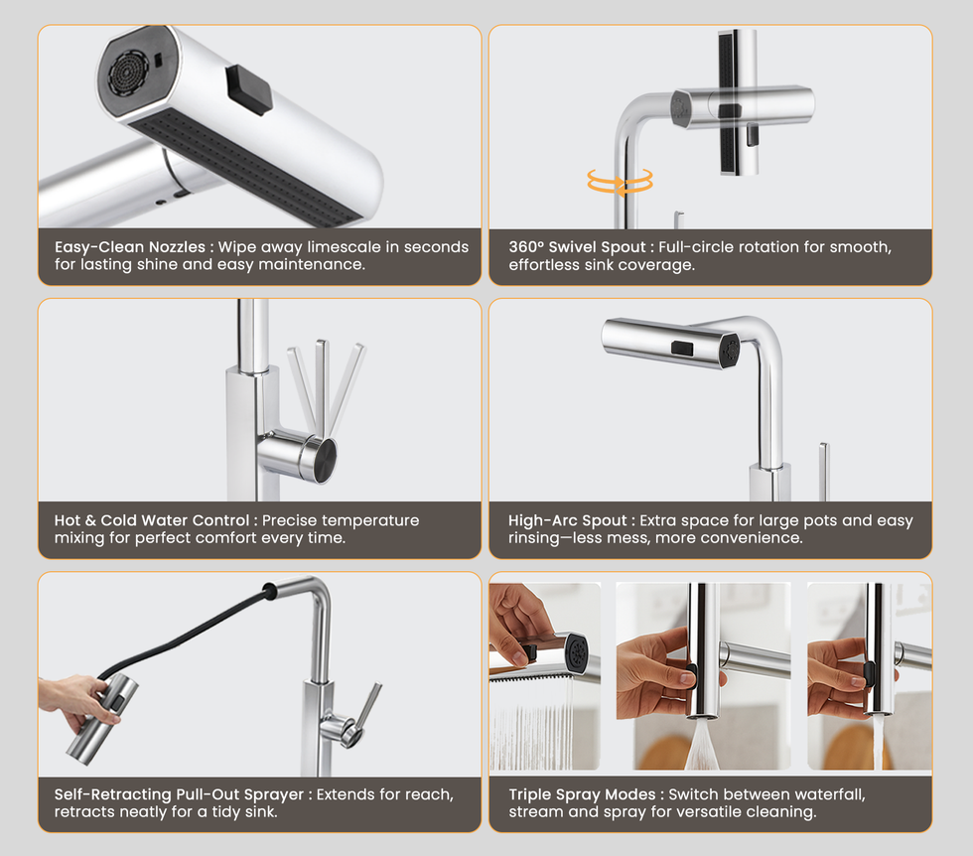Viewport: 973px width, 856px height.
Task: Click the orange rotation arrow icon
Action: pyautogui.click(x=620, y=183)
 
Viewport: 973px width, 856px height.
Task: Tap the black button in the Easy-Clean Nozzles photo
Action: pyautogui.click(x=249, y=90)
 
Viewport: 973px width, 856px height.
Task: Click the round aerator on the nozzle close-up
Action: pyautogui.click(x=128, y=73)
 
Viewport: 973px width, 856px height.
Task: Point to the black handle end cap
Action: pyautogui.click(x=325, y=460)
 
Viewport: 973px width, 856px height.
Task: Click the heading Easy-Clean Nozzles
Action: pyautogui.click(x=130, y=247)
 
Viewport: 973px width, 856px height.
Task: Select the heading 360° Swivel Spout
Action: pyautogui.click(x=577, y=247)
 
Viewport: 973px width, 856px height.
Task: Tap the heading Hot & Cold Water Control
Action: pyautogui.click(x=151, y=520)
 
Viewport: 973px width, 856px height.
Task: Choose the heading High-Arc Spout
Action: pyautogui.click(x=567, y=520)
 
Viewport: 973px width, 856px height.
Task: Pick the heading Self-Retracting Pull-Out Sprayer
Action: pyautogui.click(x=179, y=794)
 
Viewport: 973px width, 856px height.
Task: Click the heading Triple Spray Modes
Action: pyautogui.click(x=582, y=794)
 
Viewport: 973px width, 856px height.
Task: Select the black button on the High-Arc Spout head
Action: pyautogui.click(x=682, y=349)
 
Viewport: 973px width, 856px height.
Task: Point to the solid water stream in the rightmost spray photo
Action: pyautogui.click(x=878, y=743)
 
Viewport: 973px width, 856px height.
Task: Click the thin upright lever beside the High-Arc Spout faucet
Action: pyautogui.click(x=823, y=472)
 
